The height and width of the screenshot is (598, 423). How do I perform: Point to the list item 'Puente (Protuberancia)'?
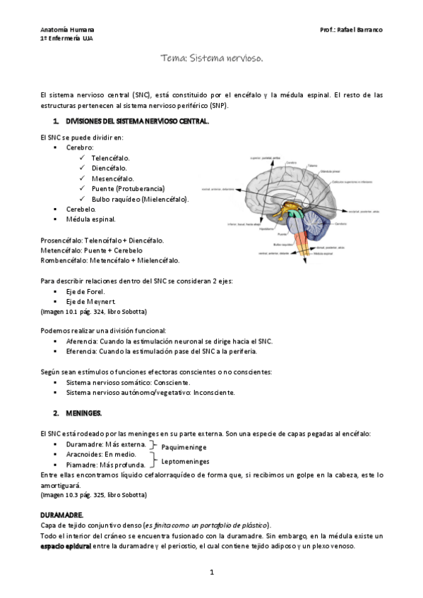click(x=128, y=189)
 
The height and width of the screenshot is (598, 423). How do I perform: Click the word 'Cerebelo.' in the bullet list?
click(x=81, y=209)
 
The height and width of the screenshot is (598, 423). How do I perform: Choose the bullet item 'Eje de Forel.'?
click(x=85, y=292)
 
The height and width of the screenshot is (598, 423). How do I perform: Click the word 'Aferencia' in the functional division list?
click(x=82, y=341)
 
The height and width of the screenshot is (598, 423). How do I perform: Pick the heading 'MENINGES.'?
click(x=84, y=412)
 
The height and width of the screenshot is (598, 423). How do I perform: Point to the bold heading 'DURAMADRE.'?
click(x=63, y=516)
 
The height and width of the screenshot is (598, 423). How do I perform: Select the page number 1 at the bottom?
click(x=212, y=572)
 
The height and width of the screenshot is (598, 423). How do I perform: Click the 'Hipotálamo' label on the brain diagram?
click(x=267, y=228)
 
